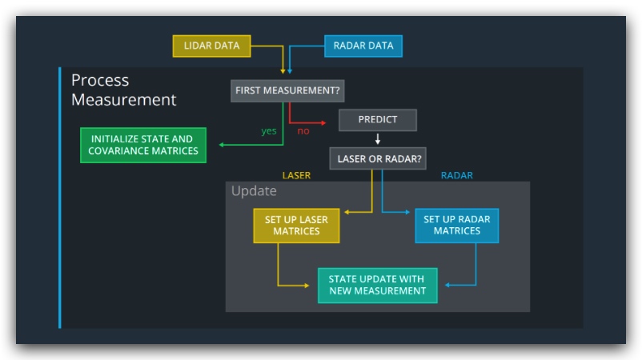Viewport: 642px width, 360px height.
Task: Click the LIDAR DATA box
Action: pos(211,46)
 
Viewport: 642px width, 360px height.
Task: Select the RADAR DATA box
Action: pos(363,46)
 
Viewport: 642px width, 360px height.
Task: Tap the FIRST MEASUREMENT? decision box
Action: pos(287,90)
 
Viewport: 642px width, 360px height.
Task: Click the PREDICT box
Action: pos(377,120)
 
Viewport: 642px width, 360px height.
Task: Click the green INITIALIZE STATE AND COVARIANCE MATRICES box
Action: pos(143,145)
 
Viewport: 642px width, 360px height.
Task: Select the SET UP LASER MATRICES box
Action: pos(296,225)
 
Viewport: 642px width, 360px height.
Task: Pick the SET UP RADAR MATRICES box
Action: pos(456,225)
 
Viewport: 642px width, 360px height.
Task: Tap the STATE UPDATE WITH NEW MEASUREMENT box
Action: pos(377,285)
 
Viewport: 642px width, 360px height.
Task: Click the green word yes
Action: pos(269,130)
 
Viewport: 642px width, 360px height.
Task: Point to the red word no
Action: pos(303,130)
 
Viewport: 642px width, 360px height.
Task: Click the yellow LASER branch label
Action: pos(296,175)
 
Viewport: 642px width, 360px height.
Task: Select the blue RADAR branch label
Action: pos(456,175)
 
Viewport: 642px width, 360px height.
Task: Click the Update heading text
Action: pos(254,191)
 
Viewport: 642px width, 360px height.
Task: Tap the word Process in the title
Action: pos(100,80)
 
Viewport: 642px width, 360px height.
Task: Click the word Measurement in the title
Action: pos(123,100)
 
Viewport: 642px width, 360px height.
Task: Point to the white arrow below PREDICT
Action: pos(377,138)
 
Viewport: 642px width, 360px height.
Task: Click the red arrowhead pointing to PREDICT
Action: pos(323,122)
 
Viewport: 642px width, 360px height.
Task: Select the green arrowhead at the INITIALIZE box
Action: pos(222,145)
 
